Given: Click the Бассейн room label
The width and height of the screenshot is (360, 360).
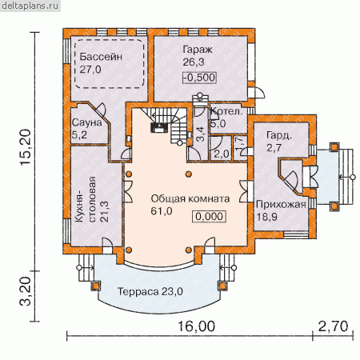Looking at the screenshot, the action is click(x=101, y=57).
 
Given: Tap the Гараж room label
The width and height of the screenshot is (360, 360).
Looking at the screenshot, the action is click(x=198, y=50).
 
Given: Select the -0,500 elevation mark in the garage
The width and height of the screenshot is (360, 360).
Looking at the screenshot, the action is click(x=199, y=78).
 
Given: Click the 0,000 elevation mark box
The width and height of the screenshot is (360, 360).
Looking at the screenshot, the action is click(x=210, y=216).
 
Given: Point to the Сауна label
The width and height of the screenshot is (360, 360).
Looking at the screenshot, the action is click(x=87, y=122).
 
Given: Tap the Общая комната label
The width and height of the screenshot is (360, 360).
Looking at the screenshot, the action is click(x=190, y=198).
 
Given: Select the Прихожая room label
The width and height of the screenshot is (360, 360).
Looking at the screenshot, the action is click(x=281, y=205).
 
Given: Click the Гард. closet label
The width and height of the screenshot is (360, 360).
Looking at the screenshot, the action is click(x=279, y=136).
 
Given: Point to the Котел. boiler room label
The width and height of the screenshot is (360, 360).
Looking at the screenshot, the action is click(x=226, y=111).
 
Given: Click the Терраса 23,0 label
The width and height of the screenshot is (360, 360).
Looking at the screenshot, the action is click(x=150, y=291).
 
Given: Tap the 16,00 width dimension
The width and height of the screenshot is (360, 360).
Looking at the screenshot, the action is click(x=196, y=326).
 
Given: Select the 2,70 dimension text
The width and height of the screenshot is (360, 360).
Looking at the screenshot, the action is click(x=333, y=326).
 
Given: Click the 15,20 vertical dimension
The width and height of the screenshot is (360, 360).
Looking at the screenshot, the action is click(x=26, y=147).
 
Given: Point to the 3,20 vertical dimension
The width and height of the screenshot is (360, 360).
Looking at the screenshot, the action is click(x=26, y=291).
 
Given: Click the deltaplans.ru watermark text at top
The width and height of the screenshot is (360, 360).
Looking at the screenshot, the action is click(x=30, y=6).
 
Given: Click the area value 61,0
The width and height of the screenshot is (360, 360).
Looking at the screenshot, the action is click(x=162, y=211).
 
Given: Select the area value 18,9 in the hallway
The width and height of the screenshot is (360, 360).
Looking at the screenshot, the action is click(x=266, y=217).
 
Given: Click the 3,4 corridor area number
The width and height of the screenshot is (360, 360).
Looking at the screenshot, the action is click(x=201, y=134).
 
